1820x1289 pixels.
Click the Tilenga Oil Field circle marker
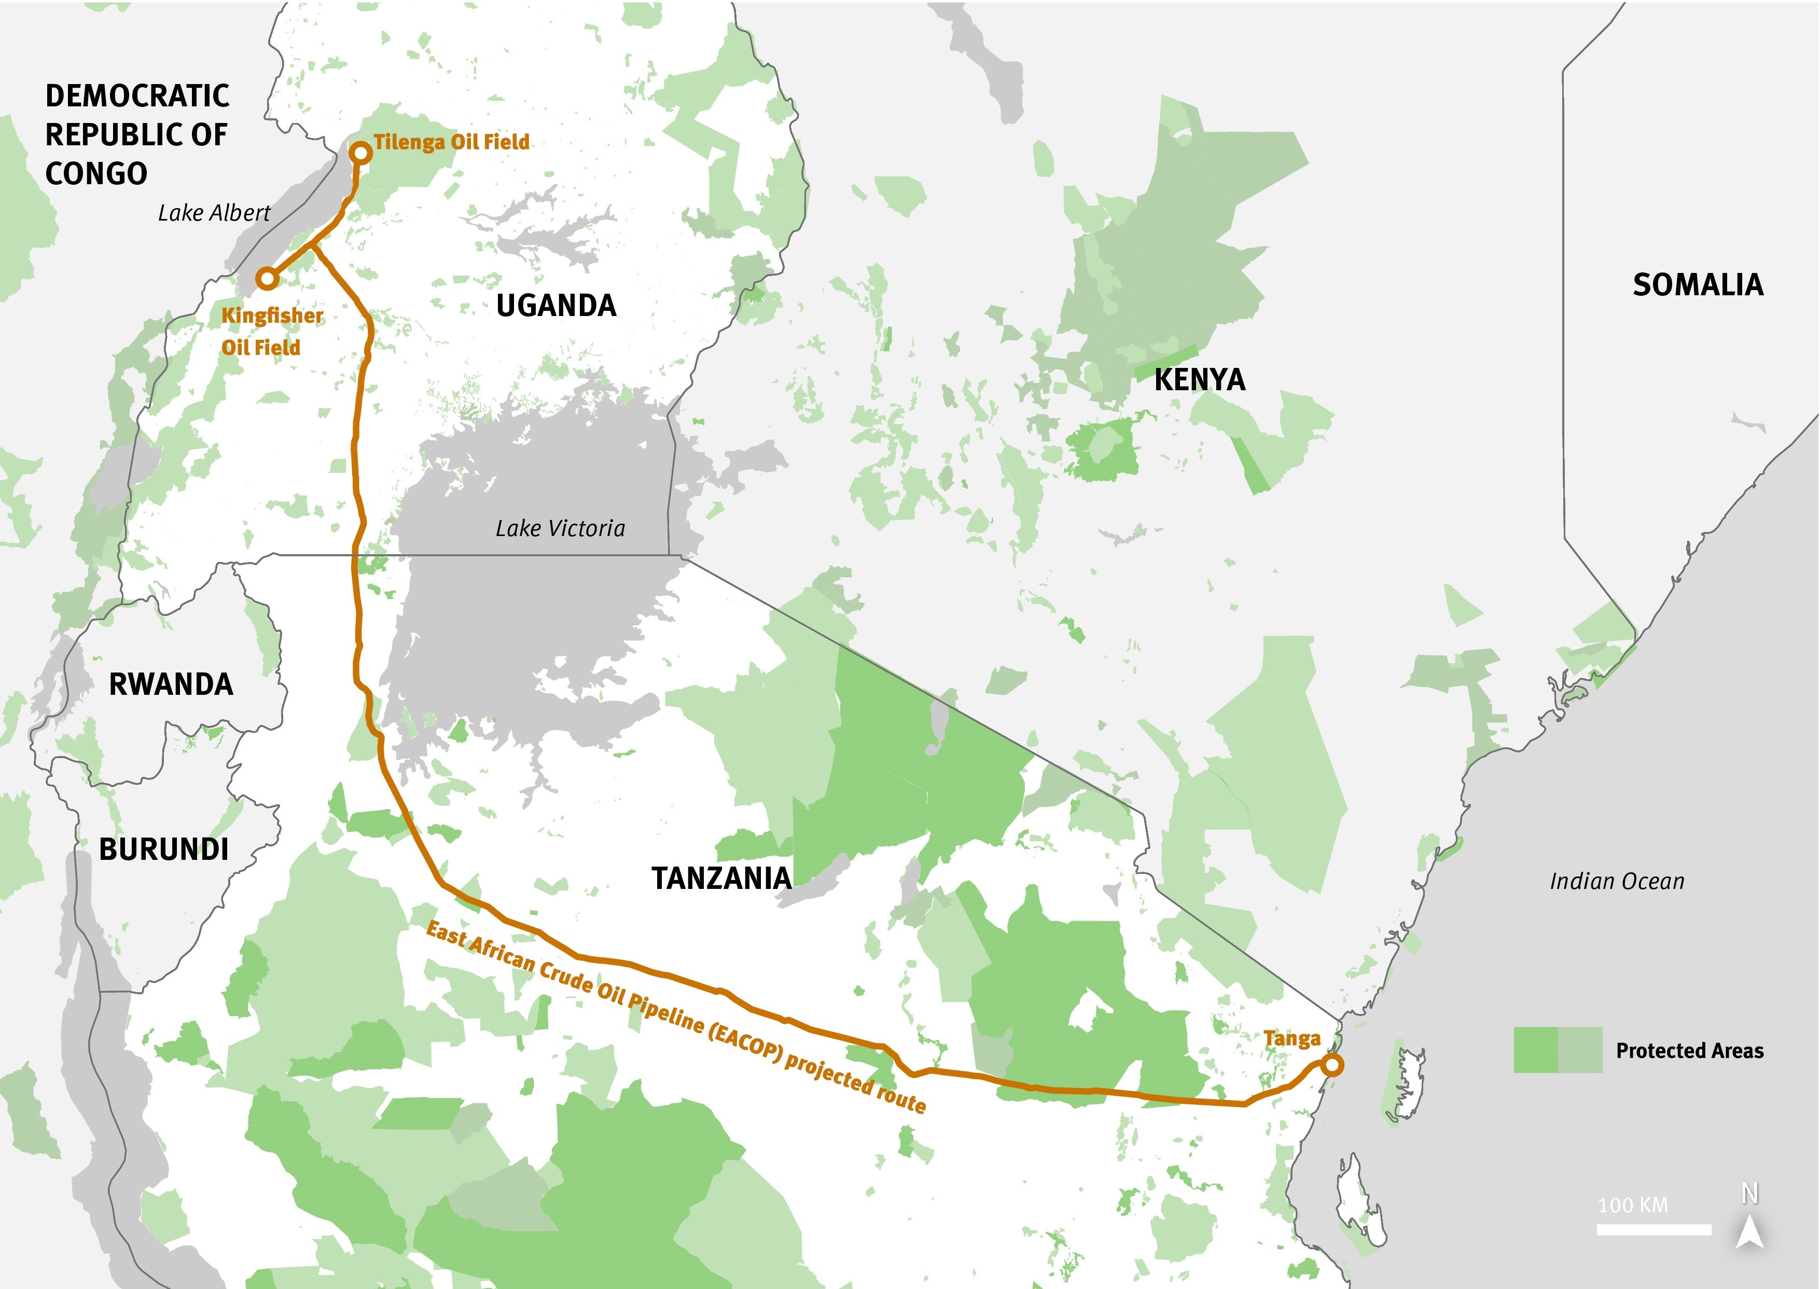361,153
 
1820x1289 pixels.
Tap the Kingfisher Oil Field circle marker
267,279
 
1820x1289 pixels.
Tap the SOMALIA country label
1697,284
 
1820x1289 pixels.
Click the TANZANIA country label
721,878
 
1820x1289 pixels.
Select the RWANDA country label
171,684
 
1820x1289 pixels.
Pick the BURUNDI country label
163,849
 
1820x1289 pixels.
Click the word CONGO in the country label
96,173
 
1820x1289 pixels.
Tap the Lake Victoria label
560,529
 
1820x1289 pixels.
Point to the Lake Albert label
214,213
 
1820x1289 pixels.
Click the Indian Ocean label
1617,881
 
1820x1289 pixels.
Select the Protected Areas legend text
1689,1051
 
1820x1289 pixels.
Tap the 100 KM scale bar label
1633,1205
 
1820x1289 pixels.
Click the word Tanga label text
1291,1038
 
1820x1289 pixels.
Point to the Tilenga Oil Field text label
451,142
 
